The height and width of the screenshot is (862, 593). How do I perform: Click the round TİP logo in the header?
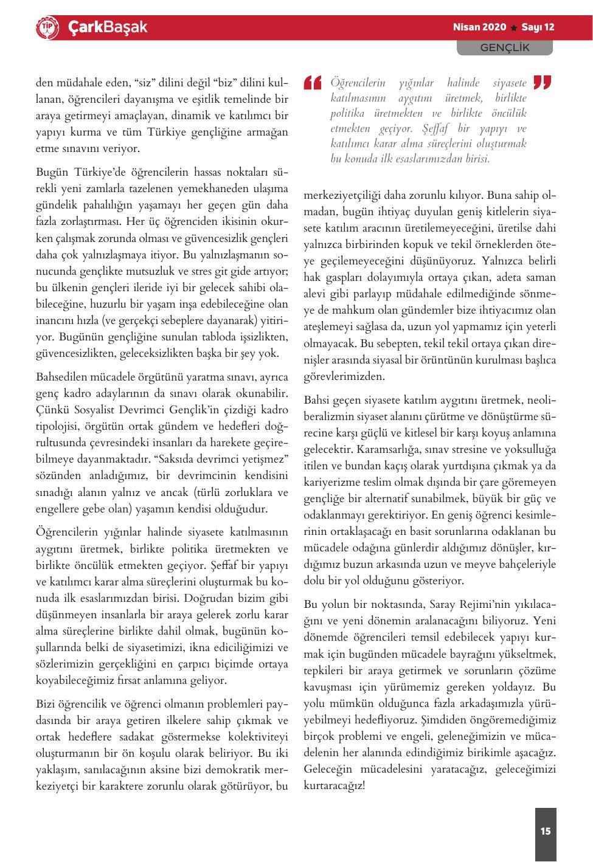[x=47, y=28]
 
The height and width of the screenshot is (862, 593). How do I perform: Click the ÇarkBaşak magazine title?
[x=108, y=27]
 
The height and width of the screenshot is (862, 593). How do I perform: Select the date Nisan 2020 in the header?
[x=479, y=27]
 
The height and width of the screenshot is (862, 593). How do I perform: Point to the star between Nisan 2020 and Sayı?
[x=514, y=28]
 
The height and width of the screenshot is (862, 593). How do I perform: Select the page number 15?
[x=545, y=830]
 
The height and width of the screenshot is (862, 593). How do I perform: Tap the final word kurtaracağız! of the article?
[x=334, y=785]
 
